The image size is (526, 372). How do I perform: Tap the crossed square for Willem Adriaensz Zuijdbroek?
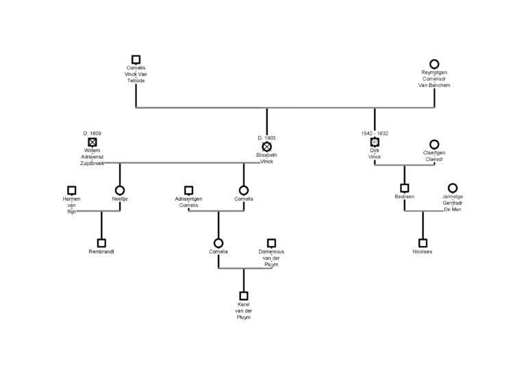tap(92, 142)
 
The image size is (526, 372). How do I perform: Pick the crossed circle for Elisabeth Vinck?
tap(266, 147)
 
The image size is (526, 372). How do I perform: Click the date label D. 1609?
tap(92, 133)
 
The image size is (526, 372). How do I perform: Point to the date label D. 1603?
tap(266, 138)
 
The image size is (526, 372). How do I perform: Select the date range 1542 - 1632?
tap(375, 133)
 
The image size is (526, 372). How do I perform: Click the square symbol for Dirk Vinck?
tap(375, 142)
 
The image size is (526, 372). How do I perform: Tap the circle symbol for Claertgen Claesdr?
tap(434, 145)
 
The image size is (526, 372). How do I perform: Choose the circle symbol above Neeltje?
tap(120, 190)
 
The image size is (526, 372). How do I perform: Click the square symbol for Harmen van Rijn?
tap(71, 190)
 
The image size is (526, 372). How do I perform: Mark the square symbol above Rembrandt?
tap(101, 243)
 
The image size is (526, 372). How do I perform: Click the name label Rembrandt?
tap(101, 251)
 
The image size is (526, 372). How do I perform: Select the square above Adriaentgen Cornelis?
tap(188, 190)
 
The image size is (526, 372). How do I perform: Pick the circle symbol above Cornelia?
tap(218, 243)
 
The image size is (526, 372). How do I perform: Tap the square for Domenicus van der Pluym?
tap(271, 243)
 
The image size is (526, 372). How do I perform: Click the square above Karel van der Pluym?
tap(244, 296)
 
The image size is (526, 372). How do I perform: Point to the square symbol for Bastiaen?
tap(405, 188)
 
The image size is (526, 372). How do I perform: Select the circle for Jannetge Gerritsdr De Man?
tap(453, 188)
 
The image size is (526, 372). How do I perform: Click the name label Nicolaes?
tap(423, 251)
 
